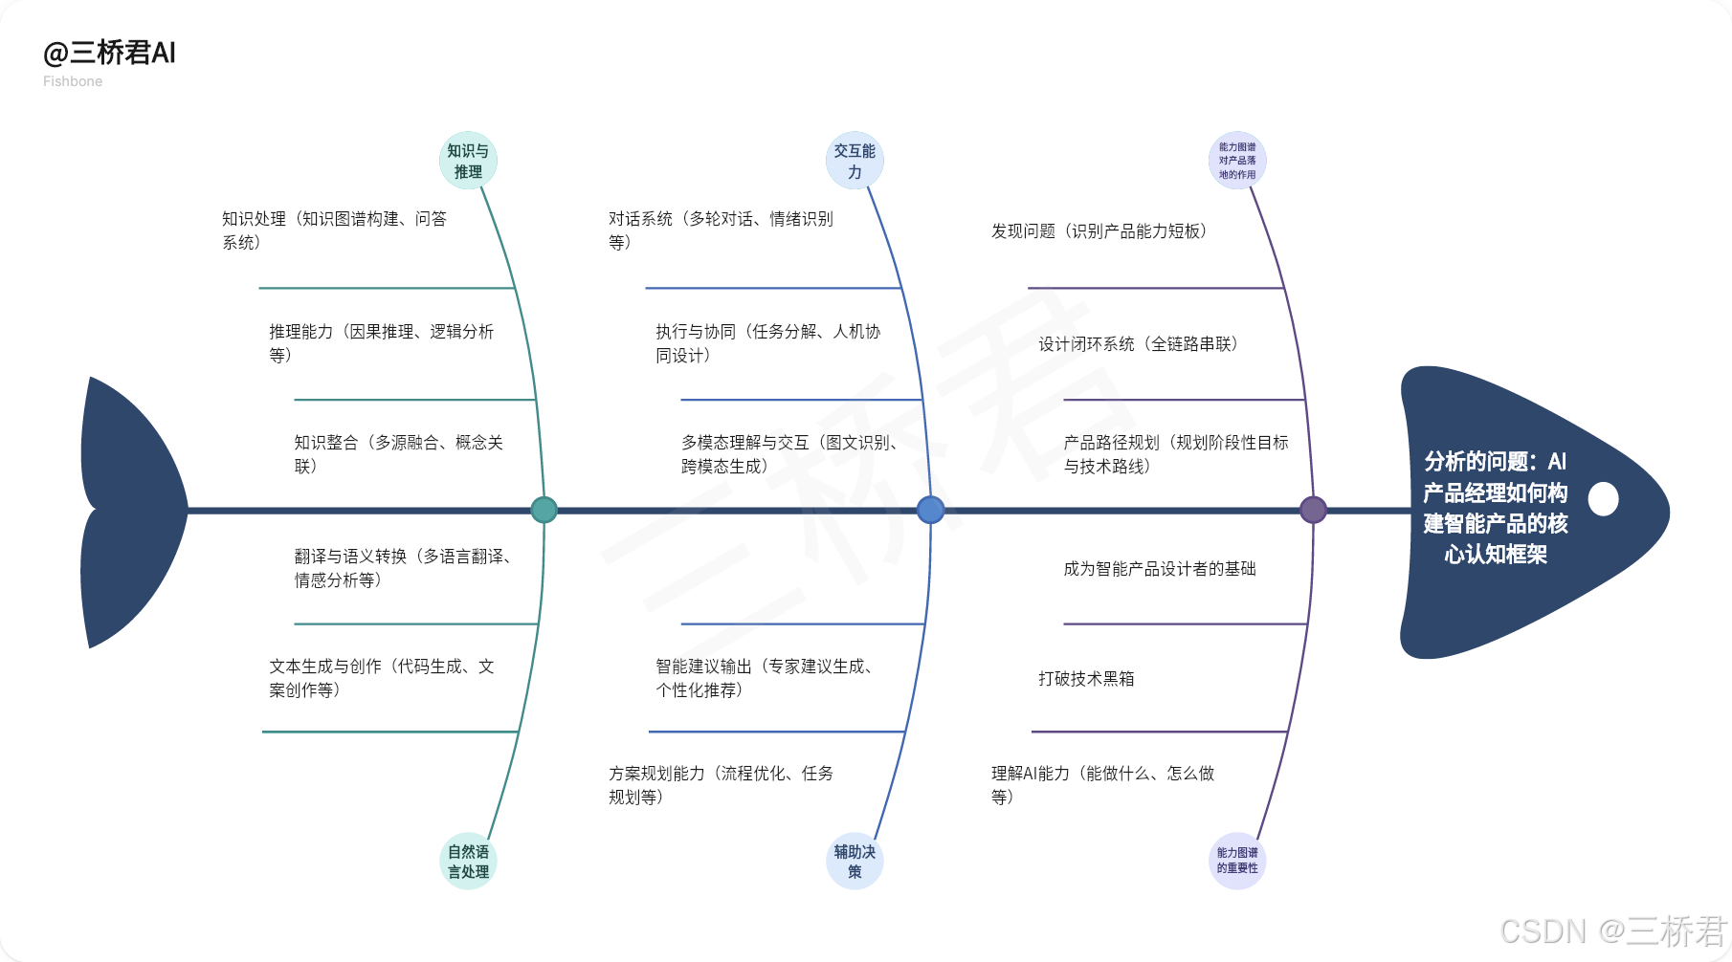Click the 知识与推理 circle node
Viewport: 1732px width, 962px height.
point(468,161)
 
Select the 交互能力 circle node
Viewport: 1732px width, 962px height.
point(855,161)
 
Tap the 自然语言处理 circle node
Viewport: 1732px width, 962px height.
point(468,861)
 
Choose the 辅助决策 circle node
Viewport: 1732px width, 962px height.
point(855,861)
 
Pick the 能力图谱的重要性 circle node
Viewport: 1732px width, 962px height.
point(1237,861)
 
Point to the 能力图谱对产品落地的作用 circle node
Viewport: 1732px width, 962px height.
point(1237,161)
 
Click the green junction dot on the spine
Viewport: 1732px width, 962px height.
point(544,510)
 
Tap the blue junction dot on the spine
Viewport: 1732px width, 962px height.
point(930,510)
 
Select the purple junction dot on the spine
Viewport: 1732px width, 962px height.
point(1313,510)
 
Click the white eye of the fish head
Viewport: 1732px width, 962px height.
point(1603,498)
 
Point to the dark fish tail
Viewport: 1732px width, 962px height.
point(129,512)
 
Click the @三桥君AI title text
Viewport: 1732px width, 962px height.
point(109,54)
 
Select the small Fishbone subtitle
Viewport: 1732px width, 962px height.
point(73,81)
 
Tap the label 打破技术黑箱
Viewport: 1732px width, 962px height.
point(1086,679)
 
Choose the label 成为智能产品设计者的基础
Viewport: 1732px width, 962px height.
point(1159,569)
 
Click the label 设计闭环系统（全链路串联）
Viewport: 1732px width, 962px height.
point(1139,344)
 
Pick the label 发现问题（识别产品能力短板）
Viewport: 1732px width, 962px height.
point(1099,231)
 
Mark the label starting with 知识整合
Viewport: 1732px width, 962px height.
point(398,454)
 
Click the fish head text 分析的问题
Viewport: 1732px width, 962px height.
point(1495,508)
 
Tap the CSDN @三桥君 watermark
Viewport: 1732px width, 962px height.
point(1613,930)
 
